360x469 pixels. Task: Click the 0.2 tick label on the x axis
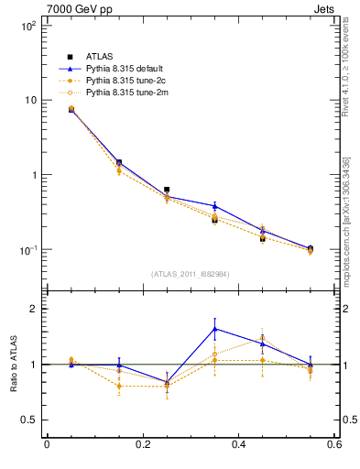point(142,444)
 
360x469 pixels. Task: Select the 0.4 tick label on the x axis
point(238,444)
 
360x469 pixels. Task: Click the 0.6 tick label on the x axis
point(333,444)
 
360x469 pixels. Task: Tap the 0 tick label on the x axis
point(46,444)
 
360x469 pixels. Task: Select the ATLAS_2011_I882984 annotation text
point(190,274)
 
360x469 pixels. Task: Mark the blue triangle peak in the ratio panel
point(214,329)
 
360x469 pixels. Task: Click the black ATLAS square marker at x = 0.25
point(167,190)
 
